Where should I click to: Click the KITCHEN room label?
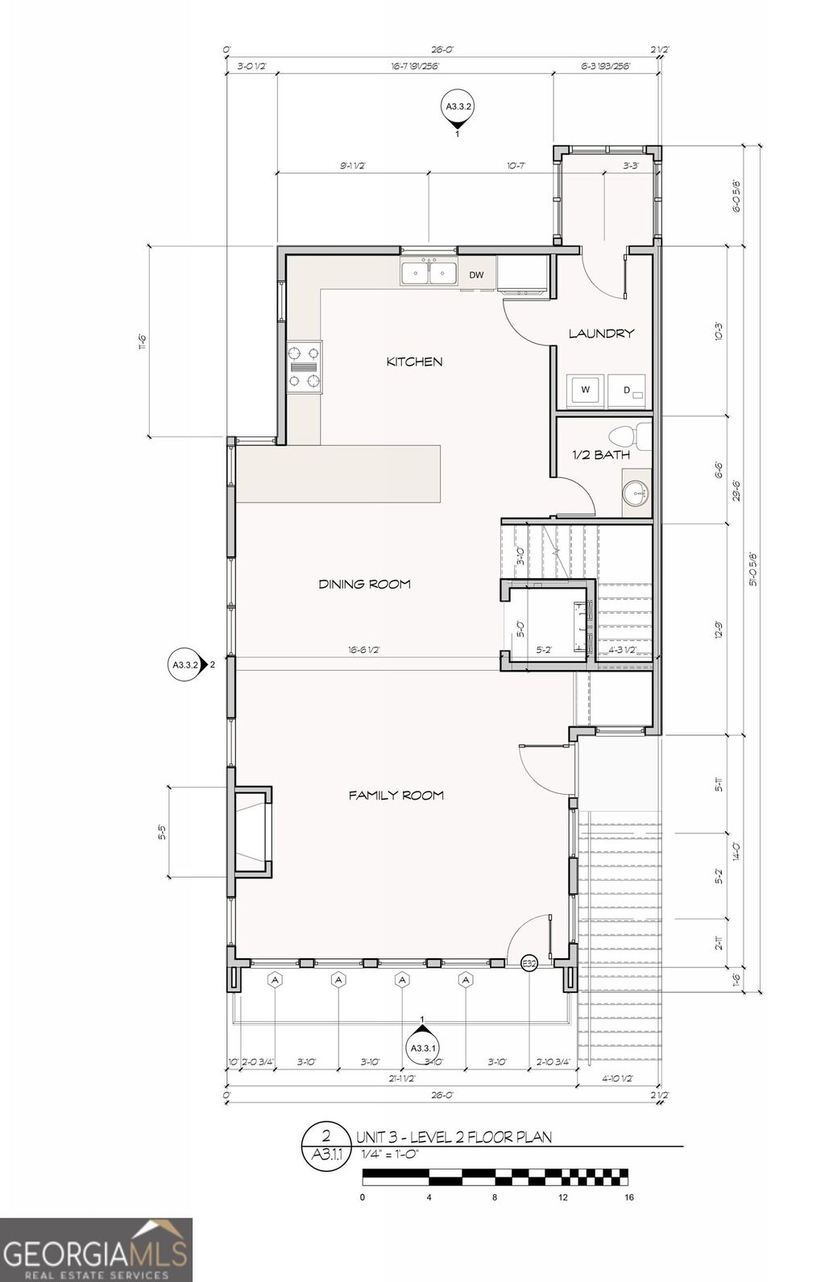(414, 362)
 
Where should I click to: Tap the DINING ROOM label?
(364, 584)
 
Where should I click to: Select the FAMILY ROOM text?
(396, 795)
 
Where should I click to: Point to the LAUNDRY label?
(601, 333)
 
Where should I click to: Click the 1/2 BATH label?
(600, 455)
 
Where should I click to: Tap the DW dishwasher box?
(477, 275)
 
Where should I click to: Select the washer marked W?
(586, 390)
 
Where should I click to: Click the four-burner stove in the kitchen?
(304, 366)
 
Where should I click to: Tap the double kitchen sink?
(429, 273)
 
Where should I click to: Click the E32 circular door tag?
(529, 963)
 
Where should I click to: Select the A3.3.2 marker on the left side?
(185, 665)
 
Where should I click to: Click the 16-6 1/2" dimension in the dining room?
(363, 649)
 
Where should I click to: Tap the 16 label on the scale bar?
(628, 1197)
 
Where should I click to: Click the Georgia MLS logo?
(96, 1250)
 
